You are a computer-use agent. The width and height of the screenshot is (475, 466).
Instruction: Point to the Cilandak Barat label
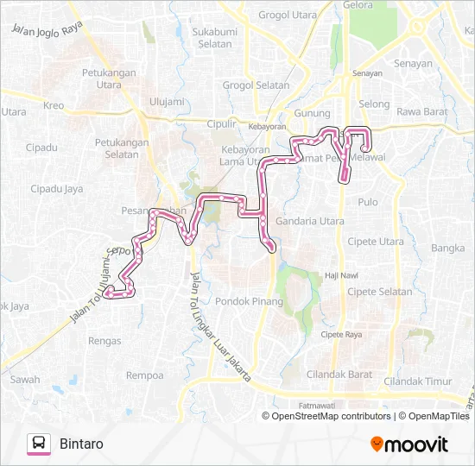coord(339,375)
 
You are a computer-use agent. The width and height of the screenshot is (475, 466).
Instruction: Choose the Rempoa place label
coord(144,375)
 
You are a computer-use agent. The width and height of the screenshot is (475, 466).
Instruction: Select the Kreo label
coord(54,106)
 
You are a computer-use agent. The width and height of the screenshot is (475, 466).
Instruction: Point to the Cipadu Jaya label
coord(56,188)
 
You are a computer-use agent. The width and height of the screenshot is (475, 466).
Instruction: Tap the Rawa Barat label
coord(421,110)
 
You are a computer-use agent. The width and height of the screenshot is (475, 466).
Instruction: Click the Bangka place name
coord(447,249)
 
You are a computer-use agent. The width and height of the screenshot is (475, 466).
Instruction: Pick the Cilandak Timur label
coord(418,381)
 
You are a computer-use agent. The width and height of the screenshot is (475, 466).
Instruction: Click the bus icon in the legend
coord(39,444)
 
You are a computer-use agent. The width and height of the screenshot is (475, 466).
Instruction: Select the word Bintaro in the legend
coord(82,444)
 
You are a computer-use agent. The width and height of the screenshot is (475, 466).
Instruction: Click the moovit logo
coord(409,444)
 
